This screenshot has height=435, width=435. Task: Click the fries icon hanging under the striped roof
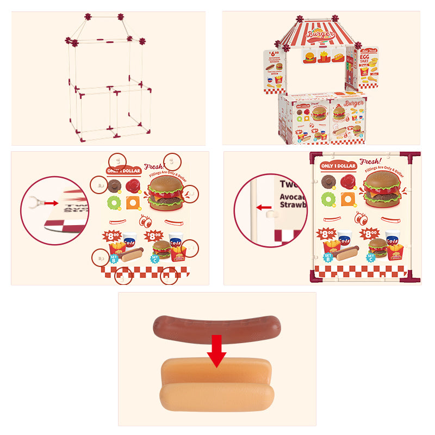[x=325, y=56]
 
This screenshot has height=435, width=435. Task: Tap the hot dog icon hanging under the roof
[x=338, y=57]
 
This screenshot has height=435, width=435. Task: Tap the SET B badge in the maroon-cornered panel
[x=328, y=257]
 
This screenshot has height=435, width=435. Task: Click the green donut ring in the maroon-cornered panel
[x=328, y=198]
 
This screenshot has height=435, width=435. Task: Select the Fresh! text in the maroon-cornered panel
[x=371, y=161]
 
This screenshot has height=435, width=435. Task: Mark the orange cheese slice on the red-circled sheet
[x=133, y=203]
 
